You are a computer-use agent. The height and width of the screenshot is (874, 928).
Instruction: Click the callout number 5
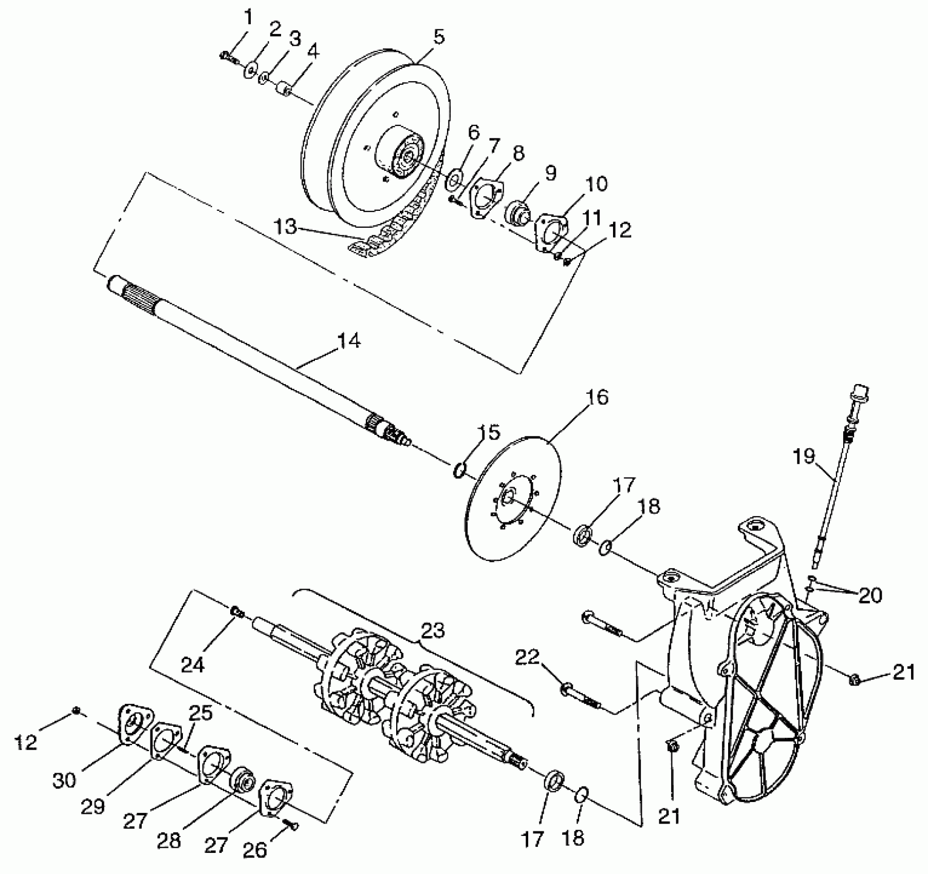click(x=438, y=37)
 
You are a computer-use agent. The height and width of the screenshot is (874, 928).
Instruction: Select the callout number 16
click(x=597, y=397)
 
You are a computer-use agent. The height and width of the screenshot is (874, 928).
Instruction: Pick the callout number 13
click(x=285, y=226)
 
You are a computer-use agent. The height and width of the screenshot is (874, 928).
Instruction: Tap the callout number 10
click(x=596, y=184)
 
